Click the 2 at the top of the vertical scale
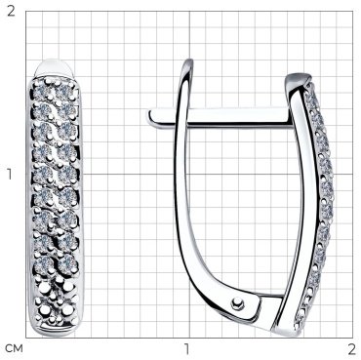12,11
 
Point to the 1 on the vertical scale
9,175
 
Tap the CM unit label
15,349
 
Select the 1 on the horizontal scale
187,349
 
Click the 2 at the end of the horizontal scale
351,349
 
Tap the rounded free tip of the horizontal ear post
152,117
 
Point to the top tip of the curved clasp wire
189,60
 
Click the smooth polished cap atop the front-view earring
55,67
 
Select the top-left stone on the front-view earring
41,91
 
